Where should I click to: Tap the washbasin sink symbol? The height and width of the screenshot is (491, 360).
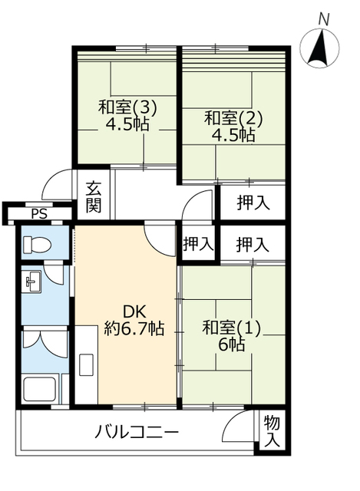tap(32, 282)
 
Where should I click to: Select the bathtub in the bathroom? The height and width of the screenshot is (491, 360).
tap(40, 389)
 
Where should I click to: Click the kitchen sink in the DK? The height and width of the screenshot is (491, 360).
tap(86, 365)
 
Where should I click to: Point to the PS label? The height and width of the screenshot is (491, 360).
tap(39, 214)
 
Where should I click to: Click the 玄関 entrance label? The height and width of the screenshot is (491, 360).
tap(94, 196)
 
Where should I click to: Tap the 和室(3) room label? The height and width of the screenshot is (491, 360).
tap(127, 107)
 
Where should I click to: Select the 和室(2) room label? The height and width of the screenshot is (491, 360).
tap(233, 118)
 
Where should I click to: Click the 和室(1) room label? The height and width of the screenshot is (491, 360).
tap(232, 328)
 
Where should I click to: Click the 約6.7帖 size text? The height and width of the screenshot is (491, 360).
tap(134, 328)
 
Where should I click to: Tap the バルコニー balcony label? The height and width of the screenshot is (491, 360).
tap(137, 432)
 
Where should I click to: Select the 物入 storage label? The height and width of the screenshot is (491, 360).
tap(272, 432)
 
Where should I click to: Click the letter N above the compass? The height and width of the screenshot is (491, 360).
tap(324, 20)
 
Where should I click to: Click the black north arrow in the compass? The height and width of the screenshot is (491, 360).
tap(319, 48)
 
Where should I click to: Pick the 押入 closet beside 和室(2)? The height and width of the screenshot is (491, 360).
tap(253, 203)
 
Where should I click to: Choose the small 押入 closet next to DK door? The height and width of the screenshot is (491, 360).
tap(198, 243)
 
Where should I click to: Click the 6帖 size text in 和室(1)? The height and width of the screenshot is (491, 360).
tap(232, 344)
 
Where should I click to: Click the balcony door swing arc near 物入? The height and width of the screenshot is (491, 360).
tap(233, 421)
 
